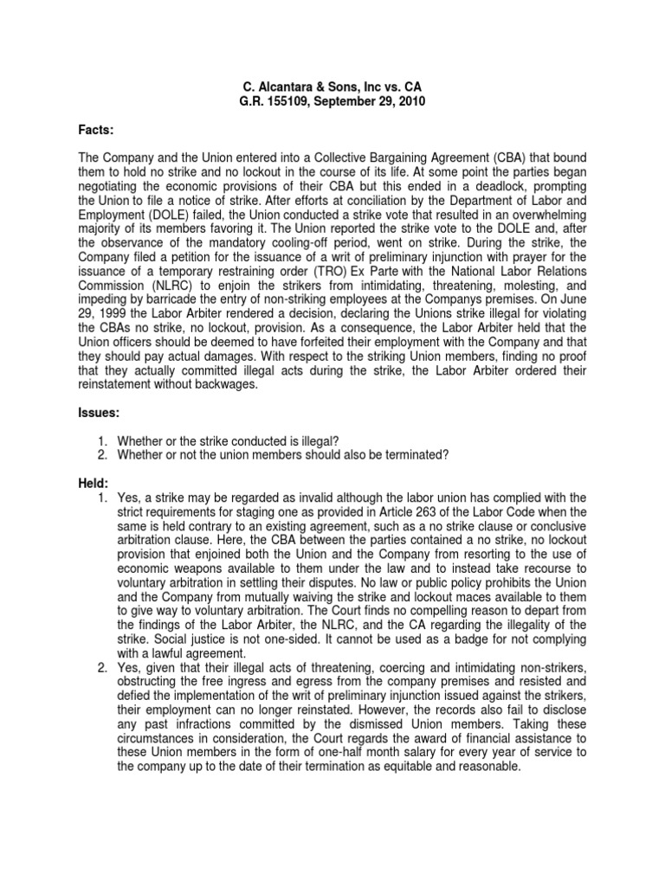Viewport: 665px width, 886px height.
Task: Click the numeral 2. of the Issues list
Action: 101,455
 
